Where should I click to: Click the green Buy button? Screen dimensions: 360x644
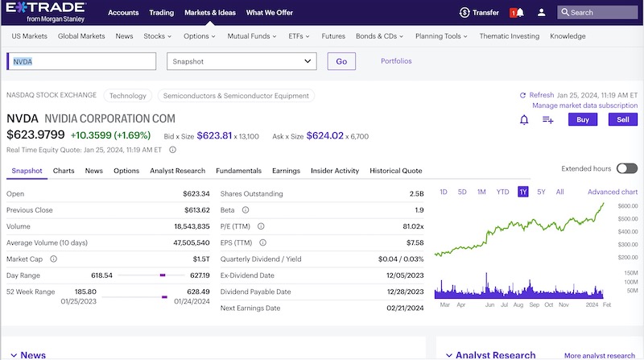pyautogui.click(x=582, y=119)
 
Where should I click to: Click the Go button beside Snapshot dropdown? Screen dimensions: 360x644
pyautogui.click(x=341, y=61)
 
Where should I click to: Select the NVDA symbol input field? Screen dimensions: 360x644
pyautogui.click(x=80, y=61)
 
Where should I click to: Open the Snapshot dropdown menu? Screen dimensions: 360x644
pyautogui.click(x=242, y=61)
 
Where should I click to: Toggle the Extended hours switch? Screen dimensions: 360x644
pyautogui.click(x=626, y=168)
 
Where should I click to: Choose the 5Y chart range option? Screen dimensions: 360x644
pyautogui.click(x=541, y=192)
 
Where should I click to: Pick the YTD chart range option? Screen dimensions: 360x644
pyautogui.click(x=502, y=192)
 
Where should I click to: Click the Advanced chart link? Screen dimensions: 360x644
pyautogui.click(x=612, y=192)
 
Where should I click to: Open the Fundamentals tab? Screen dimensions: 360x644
pyautogui.click(x=238, y=171)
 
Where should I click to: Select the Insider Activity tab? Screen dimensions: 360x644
pyautogui.click(x=334, y=171)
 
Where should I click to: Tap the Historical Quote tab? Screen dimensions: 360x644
pyautogui.click(x=395, y=171)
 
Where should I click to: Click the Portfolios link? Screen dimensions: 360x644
pyautogui.click(x=396, y=61)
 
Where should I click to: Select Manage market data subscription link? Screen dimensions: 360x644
pyautogui.click(x=584, y=106)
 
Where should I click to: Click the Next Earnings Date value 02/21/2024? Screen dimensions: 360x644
pyautogui.click(x=404, y=308)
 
